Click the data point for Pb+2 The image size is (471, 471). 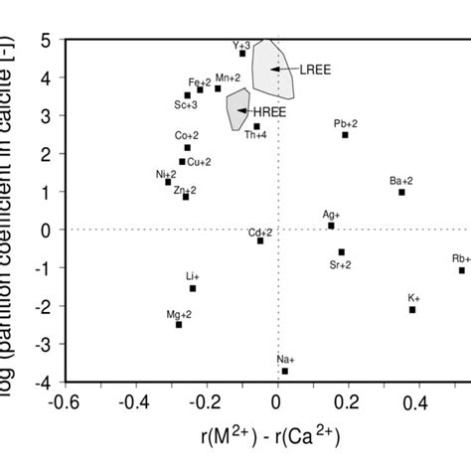tap(346, 135)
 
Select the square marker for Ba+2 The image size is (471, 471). tap(401, 192)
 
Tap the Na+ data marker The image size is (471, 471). tap(285, 371)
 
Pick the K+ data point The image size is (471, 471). tap(412, 310)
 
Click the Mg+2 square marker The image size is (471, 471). tap(179, 325)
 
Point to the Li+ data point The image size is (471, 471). tap(193, 288)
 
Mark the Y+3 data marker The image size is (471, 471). tap(242, 54)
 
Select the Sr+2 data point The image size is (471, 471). tap(342, 252)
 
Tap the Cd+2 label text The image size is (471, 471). tap(260, 231)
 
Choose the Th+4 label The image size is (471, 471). tap(256, 134)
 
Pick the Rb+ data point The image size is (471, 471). tap(462, 270)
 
